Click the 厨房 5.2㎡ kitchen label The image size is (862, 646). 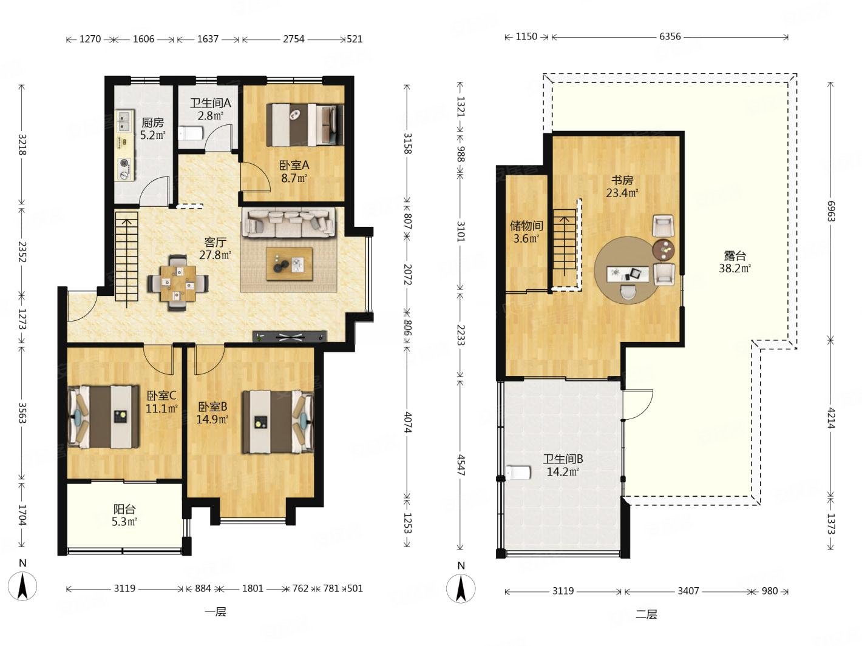pyautogui.click(x=153, y=129)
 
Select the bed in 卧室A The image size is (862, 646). pyautogui.click(x=305, y=124)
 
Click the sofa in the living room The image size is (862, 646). pyautogui.click(x=288, y=223)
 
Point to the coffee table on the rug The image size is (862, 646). pyautogui.click(x=290, y=264)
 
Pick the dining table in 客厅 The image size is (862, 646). pyautogui.click(x=178, y=283)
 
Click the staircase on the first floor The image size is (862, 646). pyautogui.click(x=126, y=259)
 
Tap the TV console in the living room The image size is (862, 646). pyautogui.click(x=290, y=336)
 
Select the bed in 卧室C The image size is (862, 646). pyautogui.click(x=104, y=417)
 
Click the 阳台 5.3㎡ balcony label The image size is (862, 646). pyautogui.click(x=125, y=515)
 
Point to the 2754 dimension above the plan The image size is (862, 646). pyautogui.click(x=294, y=39)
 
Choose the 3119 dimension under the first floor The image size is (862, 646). pyautogui.click(x=124, y=588)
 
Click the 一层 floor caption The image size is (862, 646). pyautogui.click(x=215, y=612)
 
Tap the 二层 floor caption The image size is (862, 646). pyautogui.click(x=646, y=614)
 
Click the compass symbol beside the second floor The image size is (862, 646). pyautogui.click(x=461, y=588)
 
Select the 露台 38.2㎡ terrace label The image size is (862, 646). pyautogui.click(x=735, y=262)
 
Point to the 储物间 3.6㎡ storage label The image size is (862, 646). pyautogui.click(x=526, y=232)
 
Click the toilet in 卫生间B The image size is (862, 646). pyautogui.click(x=518, y=473)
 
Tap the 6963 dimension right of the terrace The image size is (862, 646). pyautogui.click(x=830, y=211)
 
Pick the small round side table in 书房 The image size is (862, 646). pyautogui.click(x=663, y=249)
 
